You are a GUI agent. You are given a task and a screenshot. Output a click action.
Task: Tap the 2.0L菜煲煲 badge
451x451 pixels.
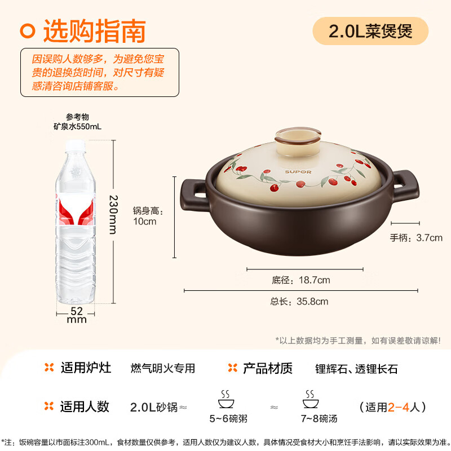(x=370, y=30)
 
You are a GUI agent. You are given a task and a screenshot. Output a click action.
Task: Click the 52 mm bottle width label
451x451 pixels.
(x=77, y=315)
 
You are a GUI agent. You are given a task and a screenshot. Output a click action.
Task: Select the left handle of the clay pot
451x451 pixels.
(x=192, y=193)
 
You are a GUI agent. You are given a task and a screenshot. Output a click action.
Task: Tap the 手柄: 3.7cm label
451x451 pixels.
(x=416, y=238)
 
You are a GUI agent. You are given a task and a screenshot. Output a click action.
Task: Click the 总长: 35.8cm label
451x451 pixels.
(x=299, y=302)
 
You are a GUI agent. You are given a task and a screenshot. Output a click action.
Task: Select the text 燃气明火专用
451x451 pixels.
(x=162, y=369)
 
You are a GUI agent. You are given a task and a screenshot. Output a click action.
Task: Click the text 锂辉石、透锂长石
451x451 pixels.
(x=356, y=369)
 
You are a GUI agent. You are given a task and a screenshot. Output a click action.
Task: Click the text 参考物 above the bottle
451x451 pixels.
(x=77, y=117)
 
